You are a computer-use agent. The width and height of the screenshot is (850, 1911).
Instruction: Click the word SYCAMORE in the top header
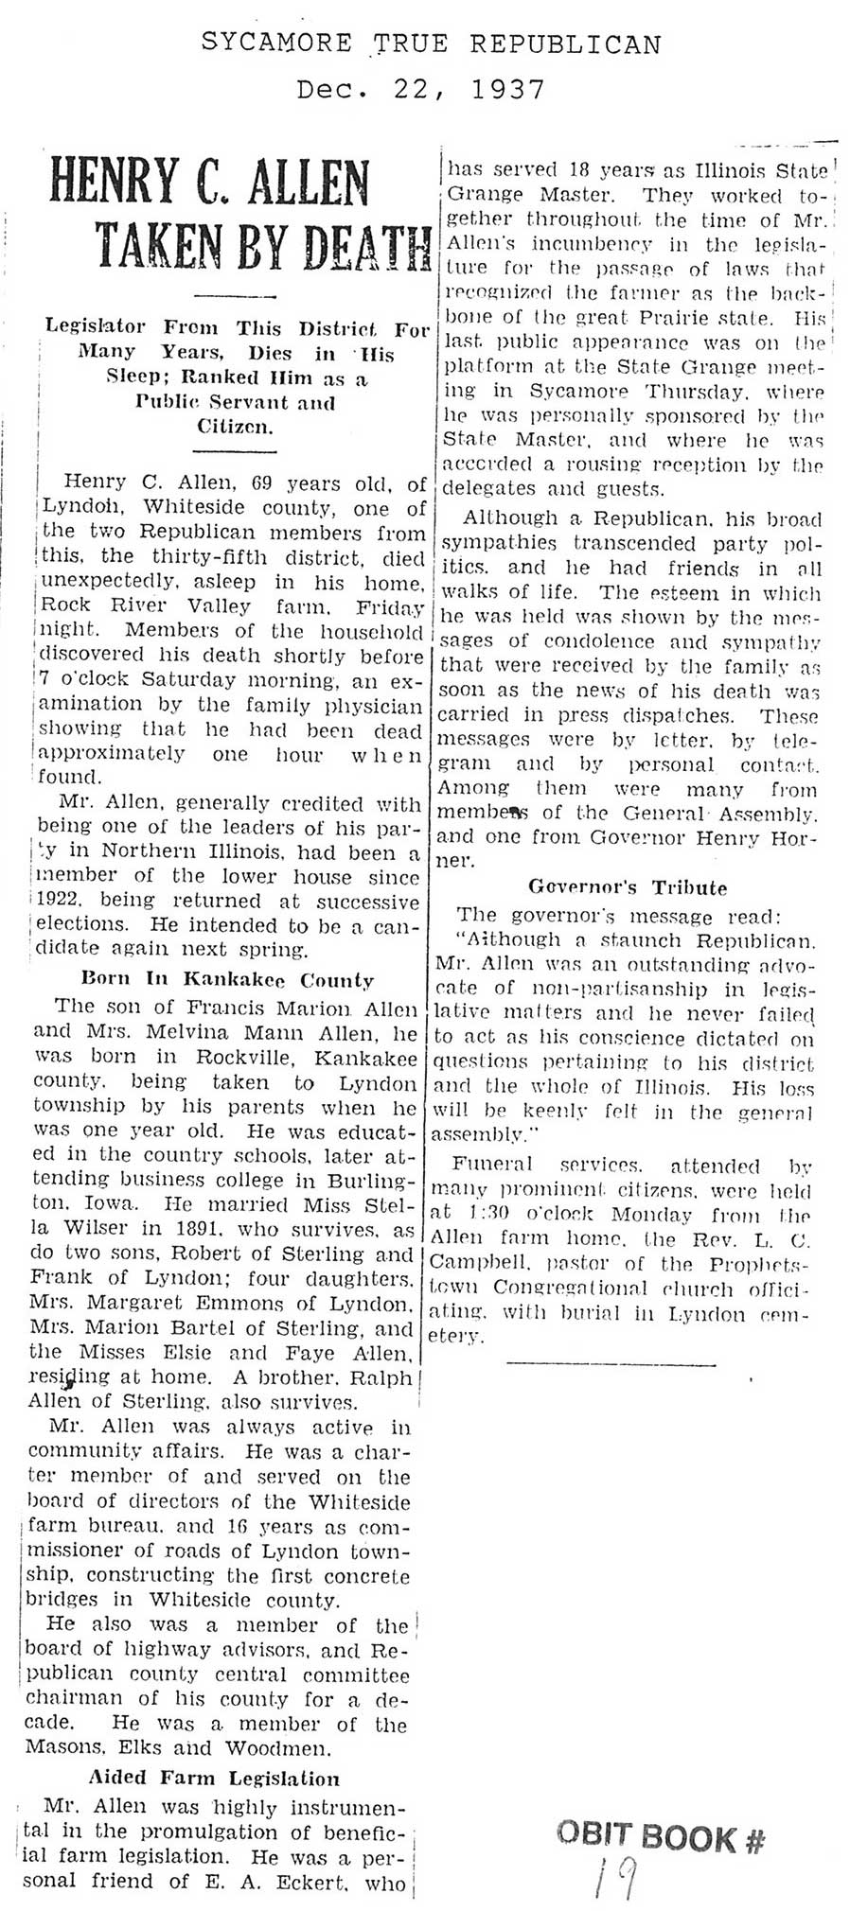point(275,44)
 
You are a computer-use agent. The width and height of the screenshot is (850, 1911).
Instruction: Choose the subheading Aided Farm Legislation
point(214,1779)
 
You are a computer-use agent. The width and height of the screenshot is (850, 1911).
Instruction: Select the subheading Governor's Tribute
point(628,887)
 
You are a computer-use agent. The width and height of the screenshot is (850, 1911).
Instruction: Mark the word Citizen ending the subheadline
point(235,427)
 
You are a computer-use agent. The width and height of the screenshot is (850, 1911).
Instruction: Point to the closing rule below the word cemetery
point(611,1363)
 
